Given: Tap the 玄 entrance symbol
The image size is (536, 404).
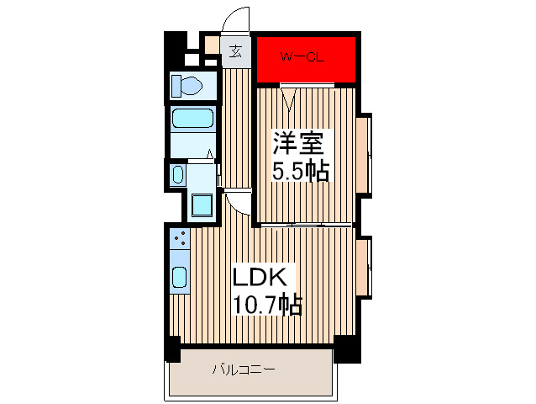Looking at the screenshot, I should pos(236,50).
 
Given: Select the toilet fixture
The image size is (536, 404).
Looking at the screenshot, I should pos(189,85).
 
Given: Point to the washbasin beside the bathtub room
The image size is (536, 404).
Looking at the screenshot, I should pos(177,174).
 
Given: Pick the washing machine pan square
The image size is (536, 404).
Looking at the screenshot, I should pos(202,205).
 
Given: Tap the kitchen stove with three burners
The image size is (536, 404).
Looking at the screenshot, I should pos(179,239).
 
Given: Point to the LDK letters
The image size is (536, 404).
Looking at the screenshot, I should pos(260,276).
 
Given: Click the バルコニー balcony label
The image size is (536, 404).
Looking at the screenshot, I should pos(244,369).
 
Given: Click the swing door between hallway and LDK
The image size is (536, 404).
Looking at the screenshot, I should pos(238,202).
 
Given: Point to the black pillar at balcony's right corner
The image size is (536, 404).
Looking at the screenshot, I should pos(346,348).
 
